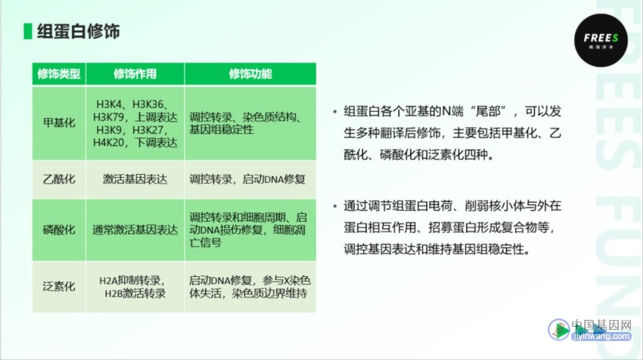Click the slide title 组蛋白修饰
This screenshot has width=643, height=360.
[x=79, y=32]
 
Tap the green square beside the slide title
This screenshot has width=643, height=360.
[x=28, y=32]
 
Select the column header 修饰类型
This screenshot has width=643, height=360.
[x=59, y=74]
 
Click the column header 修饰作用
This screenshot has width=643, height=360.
[x=135, y=74]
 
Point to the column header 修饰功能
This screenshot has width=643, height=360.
[x=250, y=74]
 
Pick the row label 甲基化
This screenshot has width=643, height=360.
[x=59, y=123]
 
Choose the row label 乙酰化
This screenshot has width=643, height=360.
[x=59, y=179]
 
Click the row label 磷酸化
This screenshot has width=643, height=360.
[x=59, y=230]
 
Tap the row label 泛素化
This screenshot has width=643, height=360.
[x=59, y=286]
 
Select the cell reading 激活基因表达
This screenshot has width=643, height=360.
[x=135, y=179]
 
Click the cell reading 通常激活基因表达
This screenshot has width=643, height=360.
[x=135, y=230]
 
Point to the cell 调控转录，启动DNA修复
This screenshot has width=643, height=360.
[x=247, y=179]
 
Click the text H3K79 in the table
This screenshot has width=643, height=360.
[x=108, y=117]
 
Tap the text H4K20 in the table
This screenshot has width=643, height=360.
[x=108, y=143]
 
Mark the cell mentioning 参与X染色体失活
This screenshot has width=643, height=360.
[x=250, y=287]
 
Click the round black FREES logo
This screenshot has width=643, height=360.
[x=601, y=40]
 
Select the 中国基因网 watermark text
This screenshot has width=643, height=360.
[x=601, y=325]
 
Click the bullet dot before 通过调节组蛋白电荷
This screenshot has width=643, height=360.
[x=335, y=206]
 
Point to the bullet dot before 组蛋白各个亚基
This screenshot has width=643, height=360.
[x=335, y=111]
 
